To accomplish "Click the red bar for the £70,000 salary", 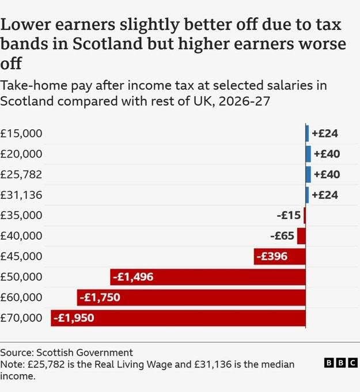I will coord(179,318).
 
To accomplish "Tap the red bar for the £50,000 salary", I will coord(208,277).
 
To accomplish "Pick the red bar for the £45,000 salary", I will coord(279,257).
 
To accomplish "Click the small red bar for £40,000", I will coord(301,236).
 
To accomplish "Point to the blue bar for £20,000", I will coord(308,154).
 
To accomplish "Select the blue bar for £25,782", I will coord(308,174).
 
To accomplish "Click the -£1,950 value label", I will coord(73,318).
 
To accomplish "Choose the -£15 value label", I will coord(289,216).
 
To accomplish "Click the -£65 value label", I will coord(282,236).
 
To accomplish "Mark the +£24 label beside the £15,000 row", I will coord(325,133).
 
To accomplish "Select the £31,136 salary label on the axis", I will coord(21,195).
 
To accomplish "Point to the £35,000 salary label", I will coord(21,216).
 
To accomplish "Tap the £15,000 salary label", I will coord(21,133).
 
